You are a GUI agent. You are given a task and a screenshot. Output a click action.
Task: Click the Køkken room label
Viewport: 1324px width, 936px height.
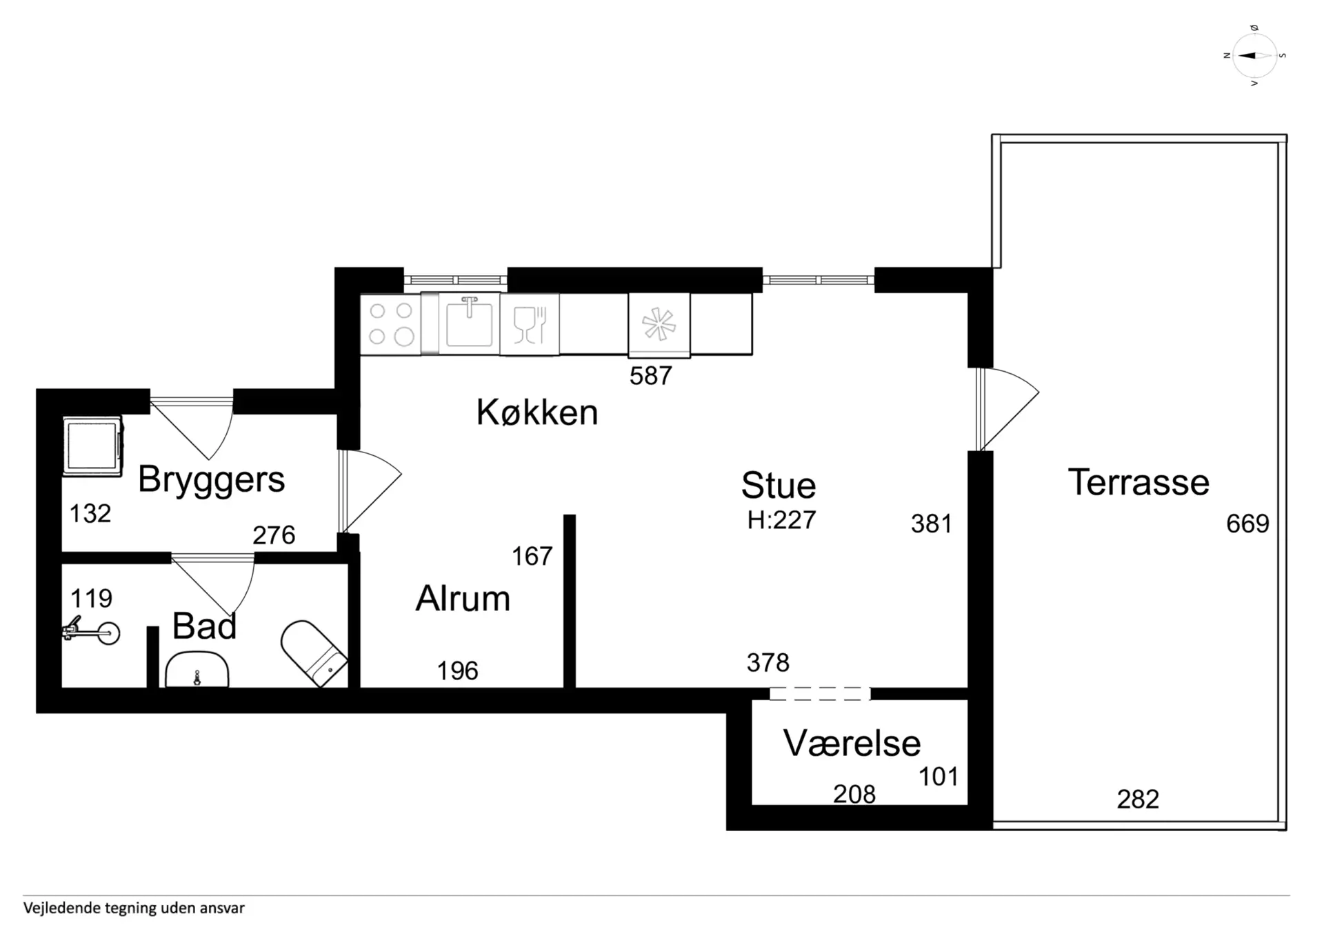[x=537, y=412]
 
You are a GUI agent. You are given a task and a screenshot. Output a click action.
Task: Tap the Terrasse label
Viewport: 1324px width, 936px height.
[x=1139, y=482]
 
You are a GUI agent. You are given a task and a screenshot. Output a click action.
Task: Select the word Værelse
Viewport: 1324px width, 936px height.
[x=852, y=743]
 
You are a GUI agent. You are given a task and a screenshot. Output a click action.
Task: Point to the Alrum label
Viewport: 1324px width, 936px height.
[x=463, y=598]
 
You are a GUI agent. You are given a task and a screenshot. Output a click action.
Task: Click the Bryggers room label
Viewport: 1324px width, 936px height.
[x=211, y=480]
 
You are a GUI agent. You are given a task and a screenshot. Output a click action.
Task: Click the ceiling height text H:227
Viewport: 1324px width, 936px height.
[x=781, y=519]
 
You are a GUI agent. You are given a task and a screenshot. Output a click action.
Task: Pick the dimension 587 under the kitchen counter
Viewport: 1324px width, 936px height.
[x=650, y=376]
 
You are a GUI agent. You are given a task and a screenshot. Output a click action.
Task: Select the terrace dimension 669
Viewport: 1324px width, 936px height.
[x=1247, y=524]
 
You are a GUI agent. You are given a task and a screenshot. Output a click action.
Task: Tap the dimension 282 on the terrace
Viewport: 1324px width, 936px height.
[x=1138, y=799]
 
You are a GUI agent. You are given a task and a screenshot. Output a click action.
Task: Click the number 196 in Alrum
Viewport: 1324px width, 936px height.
[x=457, y=670]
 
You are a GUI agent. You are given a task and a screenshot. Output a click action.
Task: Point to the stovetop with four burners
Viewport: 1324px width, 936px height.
[x=390, y=323]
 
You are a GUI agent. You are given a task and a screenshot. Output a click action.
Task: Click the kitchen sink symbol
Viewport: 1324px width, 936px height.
[x=469, y=323]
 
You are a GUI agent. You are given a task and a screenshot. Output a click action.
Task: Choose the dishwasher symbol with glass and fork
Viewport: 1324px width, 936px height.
[x=530, y=324]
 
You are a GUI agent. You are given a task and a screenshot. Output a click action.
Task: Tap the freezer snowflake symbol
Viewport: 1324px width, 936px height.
[x=659, y=325]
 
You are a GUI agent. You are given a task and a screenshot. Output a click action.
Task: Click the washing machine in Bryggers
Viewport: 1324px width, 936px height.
[x=92, y=446]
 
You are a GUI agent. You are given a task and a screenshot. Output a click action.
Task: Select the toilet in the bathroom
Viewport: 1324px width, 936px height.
[x=314, y=653]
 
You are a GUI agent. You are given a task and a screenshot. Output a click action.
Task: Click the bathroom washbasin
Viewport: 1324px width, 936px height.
[x=197, y=670]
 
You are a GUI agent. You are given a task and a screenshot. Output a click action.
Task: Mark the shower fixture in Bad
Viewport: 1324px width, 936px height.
[x=92, y=631]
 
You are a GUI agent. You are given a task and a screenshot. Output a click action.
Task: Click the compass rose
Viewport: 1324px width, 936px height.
[x=1254, y=56]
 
